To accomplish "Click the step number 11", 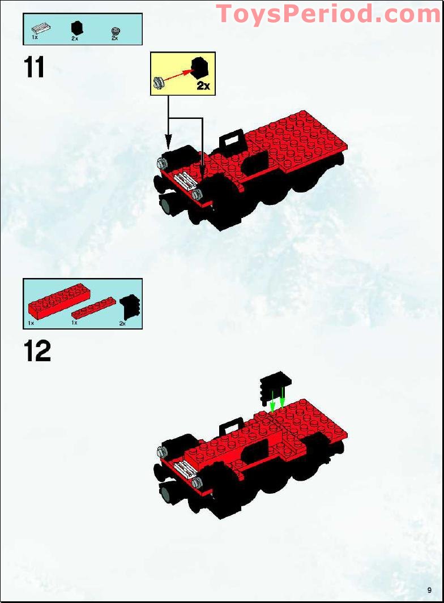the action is coord(34,67).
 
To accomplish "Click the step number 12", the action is coord(37,351).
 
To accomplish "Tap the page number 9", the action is coord(429,591).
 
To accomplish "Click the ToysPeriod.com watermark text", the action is coord(328,14).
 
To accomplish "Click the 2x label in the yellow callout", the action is coord(203,85).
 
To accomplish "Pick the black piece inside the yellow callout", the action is coord(200,67).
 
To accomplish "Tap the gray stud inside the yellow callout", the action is coord(159,82).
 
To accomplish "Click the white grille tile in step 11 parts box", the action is coord(40,28).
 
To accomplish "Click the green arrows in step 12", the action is coord(277,399).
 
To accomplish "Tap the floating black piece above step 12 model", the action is coord(275,388).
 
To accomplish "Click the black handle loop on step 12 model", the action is coord(230,428).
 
